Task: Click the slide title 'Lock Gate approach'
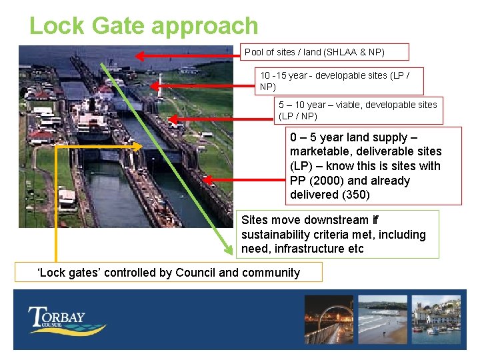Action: (x=143, y=26)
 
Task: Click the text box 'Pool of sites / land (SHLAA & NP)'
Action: (x=324, y=52)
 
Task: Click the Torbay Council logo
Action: (x=65, y=319)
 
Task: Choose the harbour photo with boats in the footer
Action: (x=436, y=319)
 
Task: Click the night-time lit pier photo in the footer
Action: (x=328, y=319)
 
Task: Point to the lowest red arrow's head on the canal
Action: (x=206, y=179)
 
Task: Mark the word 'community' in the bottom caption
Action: (x=273, y=272)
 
